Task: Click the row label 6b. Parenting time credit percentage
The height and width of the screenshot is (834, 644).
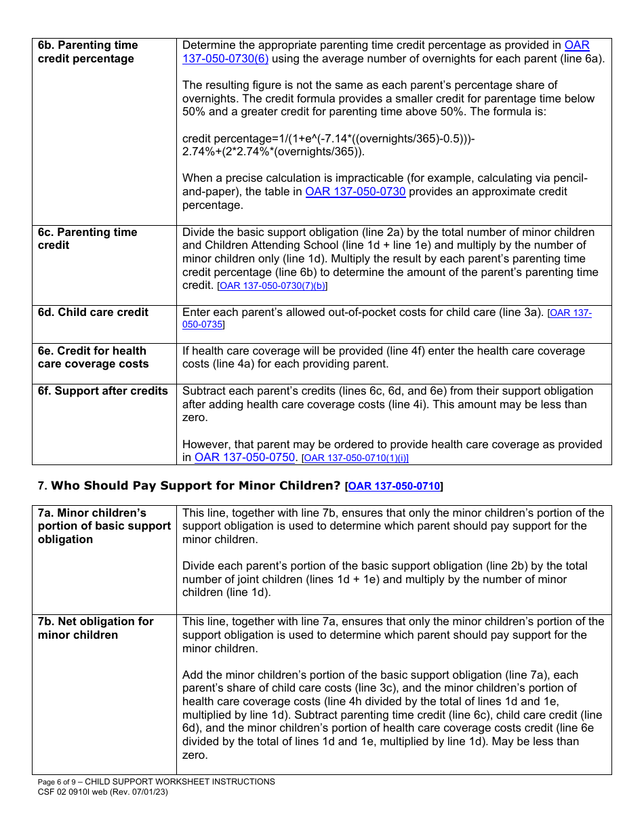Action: (x=87, y=52)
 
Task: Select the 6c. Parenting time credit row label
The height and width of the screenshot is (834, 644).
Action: (x=87, y=239)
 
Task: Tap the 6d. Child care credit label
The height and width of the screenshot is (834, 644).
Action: (x=93, y=313)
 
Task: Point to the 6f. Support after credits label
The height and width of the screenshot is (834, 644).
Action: (x=102, y=391)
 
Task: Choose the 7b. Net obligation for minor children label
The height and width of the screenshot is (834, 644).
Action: (x=96, y=629)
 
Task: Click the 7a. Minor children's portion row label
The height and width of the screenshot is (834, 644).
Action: (x=104, y=526)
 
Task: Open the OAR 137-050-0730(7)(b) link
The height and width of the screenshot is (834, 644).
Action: (x=272, y=286)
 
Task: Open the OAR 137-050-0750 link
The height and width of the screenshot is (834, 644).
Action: (x=244, y=458)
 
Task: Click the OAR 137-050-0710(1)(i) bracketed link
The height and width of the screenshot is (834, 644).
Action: (x=355, y=458)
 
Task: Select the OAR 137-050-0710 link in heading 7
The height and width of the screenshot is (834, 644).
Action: (x=394, y=486)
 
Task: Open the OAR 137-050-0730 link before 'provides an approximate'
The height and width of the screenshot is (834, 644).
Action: (x=355, y=192)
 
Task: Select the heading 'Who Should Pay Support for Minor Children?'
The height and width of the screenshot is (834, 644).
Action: (x=196, y=485)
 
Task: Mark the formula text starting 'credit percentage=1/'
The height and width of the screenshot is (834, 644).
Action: (x=329, y=139)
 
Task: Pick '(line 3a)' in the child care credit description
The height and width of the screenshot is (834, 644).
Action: (x=519, y=313)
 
